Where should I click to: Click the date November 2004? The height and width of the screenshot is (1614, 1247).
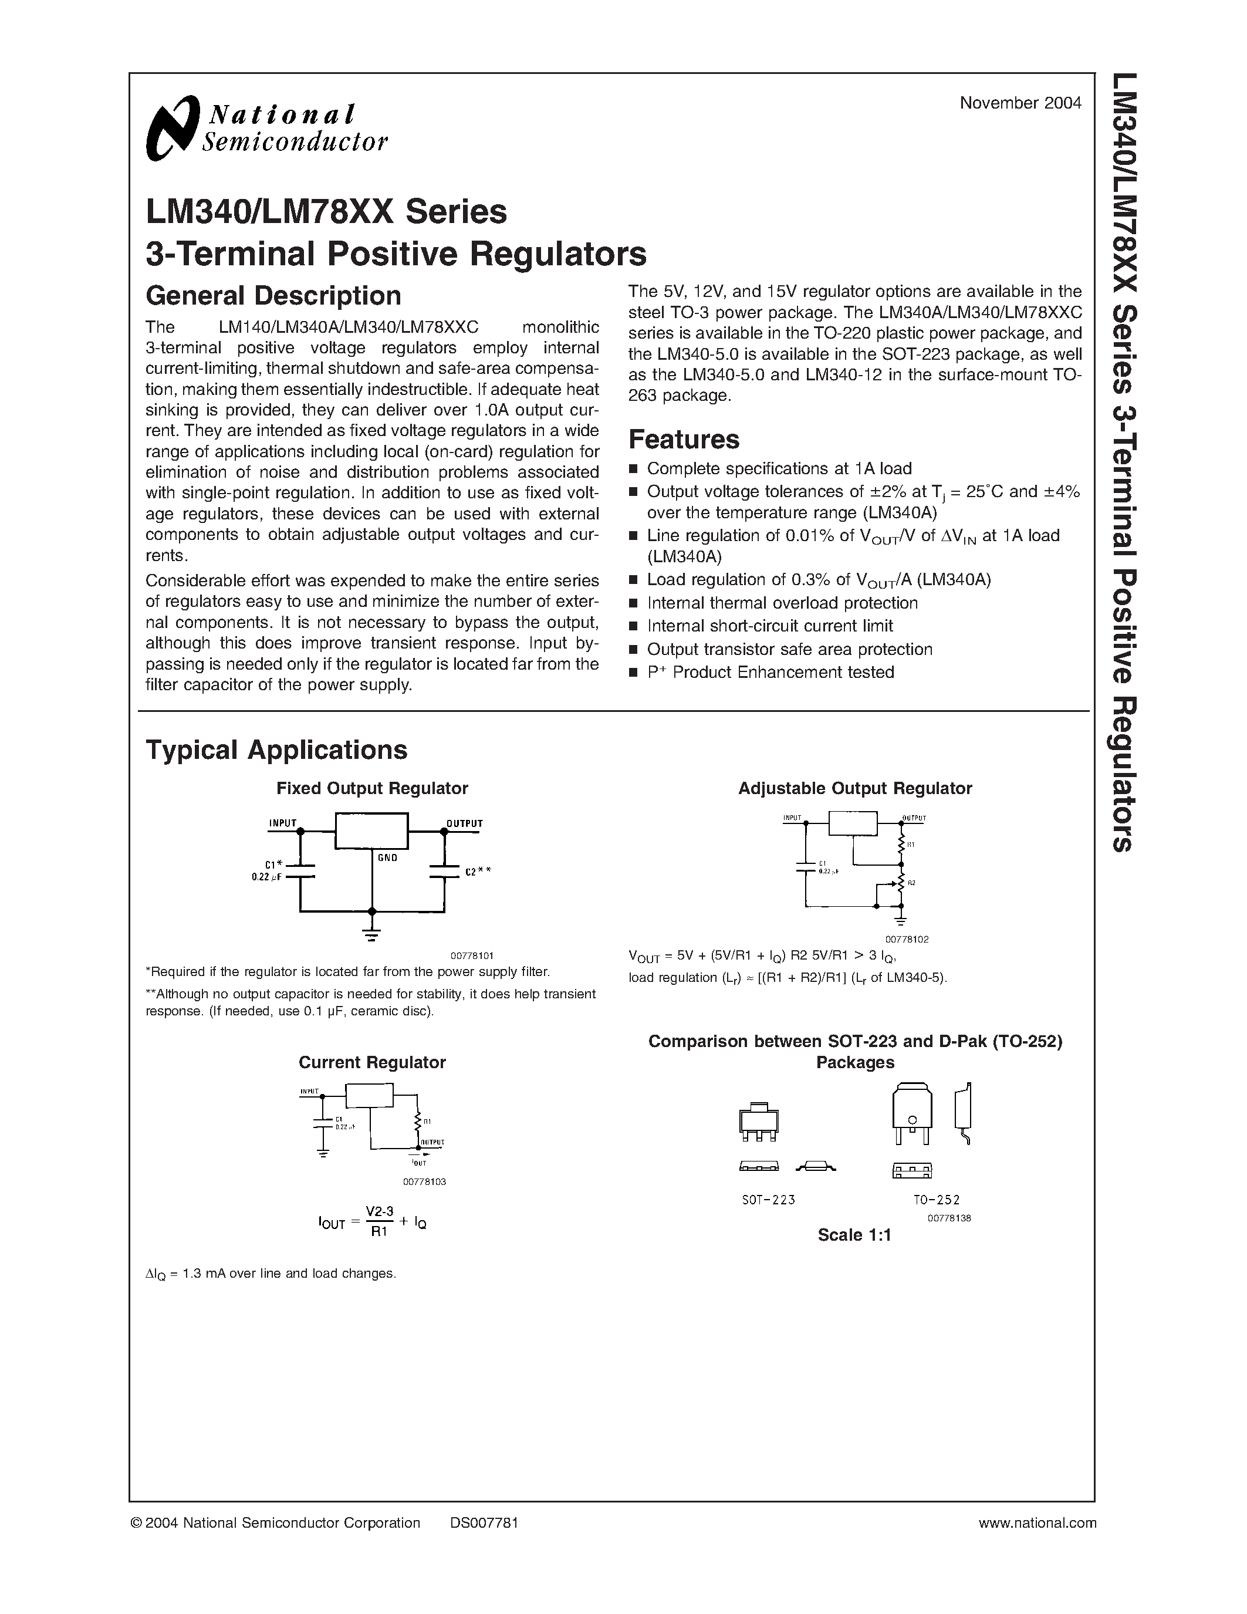[1020, 103]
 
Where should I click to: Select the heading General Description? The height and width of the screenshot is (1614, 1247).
[273, 296]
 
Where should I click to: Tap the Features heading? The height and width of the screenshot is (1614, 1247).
[683, 440]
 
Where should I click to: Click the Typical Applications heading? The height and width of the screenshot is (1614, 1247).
[276, 750]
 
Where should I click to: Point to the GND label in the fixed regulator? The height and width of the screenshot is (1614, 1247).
[387, 858]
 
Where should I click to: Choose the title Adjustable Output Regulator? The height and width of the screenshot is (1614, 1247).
[855, 789]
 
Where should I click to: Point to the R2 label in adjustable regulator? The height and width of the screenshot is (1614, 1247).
[911, 883]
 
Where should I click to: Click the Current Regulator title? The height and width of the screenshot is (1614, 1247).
[371, 1062]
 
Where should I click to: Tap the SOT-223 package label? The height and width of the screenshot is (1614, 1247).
[768, 1200]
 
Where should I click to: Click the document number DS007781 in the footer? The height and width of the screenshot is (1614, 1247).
[484, 1522]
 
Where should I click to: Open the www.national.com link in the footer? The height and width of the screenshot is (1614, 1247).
[1036, 1522]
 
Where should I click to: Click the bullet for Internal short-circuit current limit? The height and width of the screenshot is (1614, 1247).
[633, 627]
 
